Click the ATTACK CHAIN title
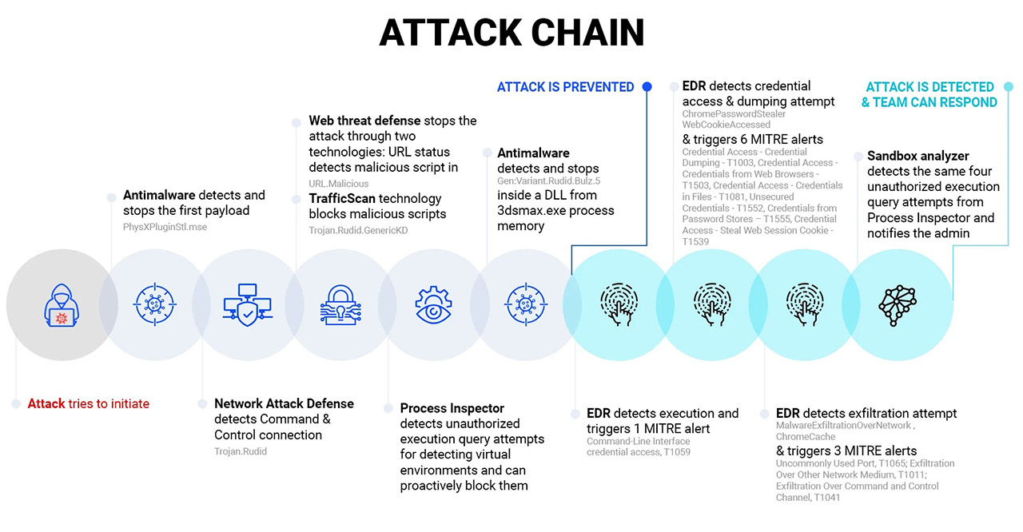pyautogui.click(x=511, y=33)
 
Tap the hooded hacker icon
pyautogui.click(x=62, y=305)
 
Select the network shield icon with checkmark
pyautogui.click(x=248, y=305)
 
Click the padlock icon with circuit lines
pyautogui.click(x=340, y=305)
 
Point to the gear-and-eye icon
pyautogui.click(x=433, y=305)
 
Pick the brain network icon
pyautogui.click(x=898, y=305)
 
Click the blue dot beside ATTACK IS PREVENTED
pyautogui.click(x=647, y=87)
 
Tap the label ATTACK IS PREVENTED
pyautogui.click(x=565, y=87)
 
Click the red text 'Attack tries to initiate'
pyautogui.click(x=88, y=403)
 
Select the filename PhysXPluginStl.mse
pyautogui.click(x=165, y=227)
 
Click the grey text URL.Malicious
pyautogui.click(x=338, y=184)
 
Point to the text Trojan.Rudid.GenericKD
pyautogui.click(x=358, y=230)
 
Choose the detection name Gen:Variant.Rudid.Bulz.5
pyautogui.click(x=548, y=181)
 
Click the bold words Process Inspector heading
pyautogui.click(x=452, y=408)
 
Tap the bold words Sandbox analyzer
pyautogui.click(x=918, y=156)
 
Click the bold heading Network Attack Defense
pyautogui.click(x=284, y=403)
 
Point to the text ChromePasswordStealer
pyautogui.click(x=734, y=113)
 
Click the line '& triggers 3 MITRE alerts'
pyautogui.click(x=846, y=451)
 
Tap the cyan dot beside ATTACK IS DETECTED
pyautogui.click(x=1009, y=87)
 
